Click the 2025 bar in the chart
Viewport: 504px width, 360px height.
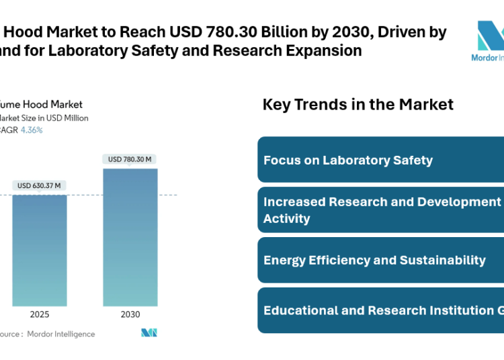pos(39,249)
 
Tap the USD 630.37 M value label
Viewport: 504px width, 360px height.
pos(39,185)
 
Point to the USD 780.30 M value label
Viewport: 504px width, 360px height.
pos(130,159)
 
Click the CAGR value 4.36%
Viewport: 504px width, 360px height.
pos(32,130)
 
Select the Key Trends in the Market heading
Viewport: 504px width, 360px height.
pos(358,105)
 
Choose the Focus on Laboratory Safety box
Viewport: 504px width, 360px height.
pos(380,160)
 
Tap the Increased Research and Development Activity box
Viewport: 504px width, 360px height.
pos(380,210)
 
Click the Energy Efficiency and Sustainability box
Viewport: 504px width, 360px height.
pos(380,260)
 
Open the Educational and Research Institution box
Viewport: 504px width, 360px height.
pos(380,310)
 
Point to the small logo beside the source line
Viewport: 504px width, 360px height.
pos(149,333)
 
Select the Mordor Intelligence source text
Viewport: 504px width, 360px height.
pos(60,334)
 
